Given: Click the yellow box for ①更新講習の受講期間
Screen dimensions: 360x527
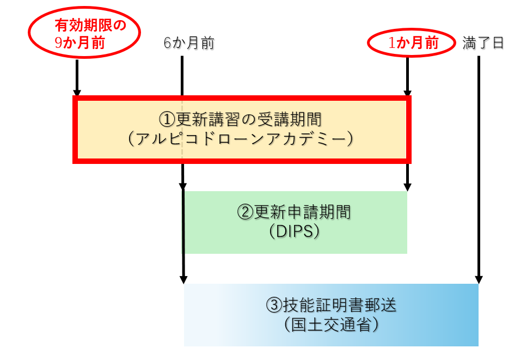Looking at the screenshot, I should [x=242, y=129].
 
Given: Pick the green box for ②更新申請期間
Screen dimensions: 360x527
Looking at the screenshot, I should [x=295, y=222].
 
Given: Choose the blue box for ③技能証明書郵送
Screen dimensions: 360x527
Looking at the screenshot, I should [x=331, y=315].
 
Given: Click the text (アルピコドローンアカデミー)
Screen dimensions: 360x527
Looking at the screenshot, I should [x=241, y=139].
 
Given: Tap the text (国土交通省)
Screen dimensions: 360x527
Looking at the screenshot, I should [x=331, y=325].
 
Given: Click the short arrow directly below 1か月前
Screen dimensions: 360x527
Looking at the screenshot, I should [x=407, y=76].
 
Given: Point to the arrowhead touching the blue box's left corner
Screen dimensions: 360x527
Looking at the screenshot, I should [x=183, y=279].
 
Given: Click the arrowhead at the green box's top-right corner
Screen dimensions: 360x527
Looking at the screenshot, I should [x=407, y=186].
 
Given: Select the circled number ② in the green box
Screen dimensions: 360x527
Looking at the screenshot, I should [x=243, y=211].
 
